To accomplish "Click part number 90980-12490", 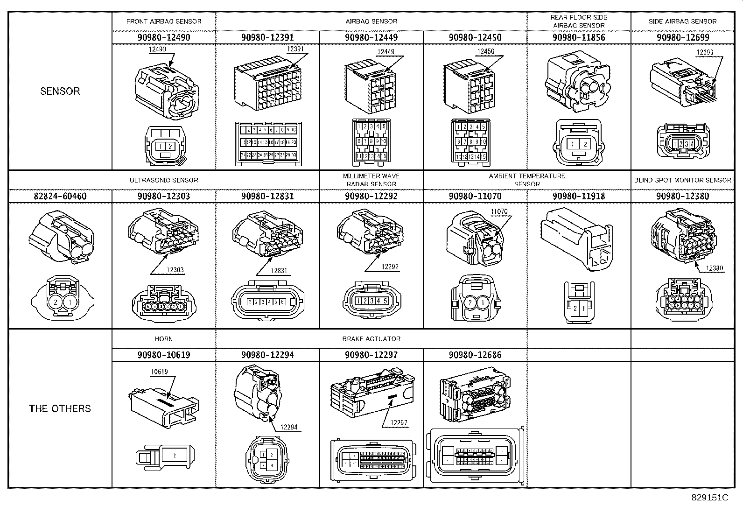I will point(164,37).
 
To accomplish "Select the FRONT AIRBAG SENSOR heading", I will point(164,21).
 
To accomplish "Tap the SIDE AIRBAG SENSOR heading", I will point(682,21).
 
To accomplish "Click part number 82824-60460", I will point(60,196).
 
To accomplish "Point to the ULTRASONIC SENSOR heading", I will point(164,180).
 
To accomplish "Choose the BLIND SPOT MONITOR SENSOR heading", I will point(682,180).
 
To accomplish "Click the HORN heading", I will point(164,339).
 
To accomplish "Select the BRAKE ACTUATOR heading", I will point(371,339).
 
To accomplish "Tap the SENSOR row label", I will point(60,91).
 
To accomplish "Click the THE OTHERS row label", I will point(60,408).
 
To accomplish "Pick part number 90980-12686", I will point(475,355).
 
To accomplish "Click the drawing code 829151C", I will point(709,498).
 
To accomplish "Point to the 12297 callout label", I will point(399,423).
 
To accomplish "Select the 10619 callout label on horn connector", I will point(159,372).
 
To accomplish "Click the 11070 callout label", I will point(498,211).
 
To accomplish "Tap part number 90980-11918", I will point(579,196).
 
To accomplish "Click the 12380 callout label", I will point(715,268).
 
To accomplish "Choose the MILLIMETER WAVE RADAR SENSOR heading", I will point(371,180).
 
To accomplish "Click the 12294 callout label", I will point(288,427).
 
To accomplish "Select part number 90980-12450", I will point(475,37).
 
